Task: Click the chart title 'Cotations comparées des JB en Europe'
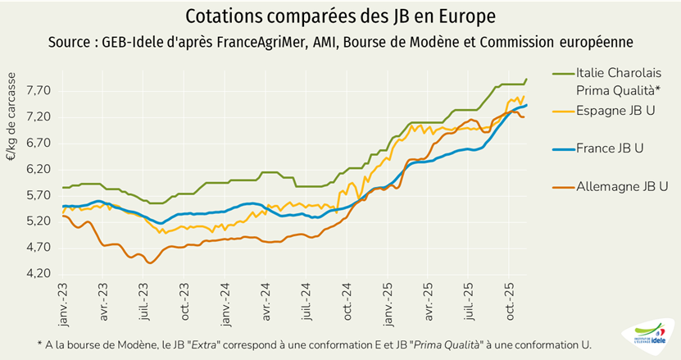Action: coord(340,16)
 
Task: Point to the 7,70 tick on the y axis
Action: coord(39,90)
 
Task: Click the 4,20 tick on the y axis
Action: coord(39,273)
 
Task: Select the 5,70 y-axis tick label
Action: coord(39,194)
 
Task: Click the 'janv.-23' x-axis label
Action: coord(65,303)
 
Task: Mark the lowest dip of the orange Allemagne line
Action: coord(149,262)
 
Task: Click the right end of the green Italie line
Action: coord(526,79)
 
